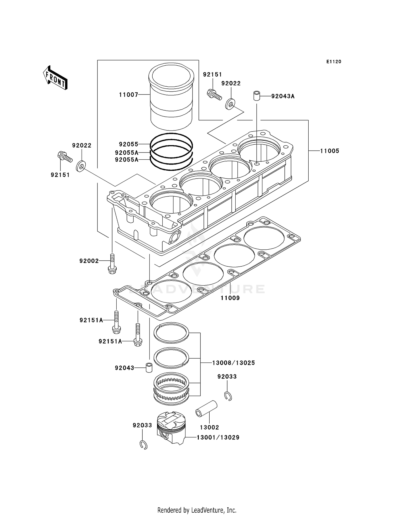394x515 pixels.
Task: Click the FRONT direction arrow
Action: [x=55, y=78]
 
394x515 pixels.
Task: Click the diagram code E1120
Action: [x=334, y=62]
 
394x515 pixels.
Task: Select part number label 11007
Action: [x=128, y=95]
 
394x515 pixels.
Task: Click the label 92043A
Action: [x=283, y=96]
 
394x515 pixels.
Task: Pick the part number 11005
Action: [x=329, y=151]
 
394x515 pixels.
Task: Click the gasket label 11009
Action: [x=230, y=298]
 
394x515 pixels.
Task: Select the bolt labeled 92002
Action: [x=112, y=264]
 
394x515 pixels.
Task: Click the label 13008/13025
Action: [x=233, y=363]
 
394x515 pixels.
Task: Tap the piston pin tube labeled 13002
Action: [x=206, y=409]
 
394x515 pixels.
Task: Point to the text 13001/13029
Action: [x=218, y=438]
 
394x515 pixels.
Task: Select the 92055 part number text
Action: [x=128, y=144]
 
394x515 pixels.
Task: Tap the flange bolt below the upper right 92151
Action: [x=214, y=95]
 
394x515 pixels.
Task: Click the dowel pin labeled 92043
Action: [x=149, y=368]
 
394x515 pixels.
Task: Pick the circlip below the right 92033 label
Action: [x=228, y=396]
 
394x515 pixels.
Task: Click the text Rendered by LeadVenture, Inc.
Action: [x=197, y=510]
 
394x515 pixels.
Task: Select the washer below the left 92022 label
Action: [x=81, y=166]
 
